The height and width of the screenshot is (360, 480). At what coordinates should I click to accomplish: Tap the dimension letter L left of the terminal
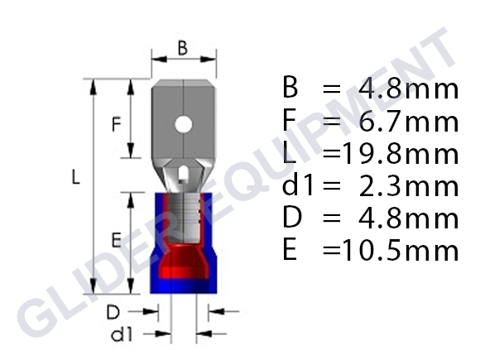[75, 177]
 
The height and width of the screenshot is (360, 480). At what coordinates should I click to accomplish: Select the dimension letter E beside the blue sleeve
[117, 240]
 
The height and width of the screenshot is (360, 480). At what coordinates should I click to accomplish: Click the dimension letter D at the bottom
[116, 313]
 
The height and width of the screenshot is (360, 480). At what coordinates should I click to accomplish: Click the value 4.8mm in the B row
[408, 89]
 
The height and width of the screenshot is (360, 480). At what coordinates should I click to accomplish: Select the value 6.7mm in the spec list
[408, 122]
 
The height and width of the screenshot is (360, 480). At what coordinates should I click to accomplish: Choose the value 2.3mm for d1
[408, 186]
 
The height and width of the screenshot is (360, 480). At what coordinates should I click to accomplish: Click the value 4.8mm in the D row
[408, 218]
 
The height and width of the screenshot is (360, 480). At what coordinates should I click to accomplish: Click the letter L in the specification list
[289, 154]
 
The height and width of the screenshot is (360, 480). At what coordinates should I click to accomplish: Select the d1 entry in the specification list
[295, 186]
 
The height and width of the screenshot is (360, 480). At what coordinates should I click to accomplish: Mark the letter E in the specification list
[289, 251]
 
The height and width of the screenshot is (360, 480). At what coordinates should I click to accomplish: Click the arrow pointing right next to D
[152, 312]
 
